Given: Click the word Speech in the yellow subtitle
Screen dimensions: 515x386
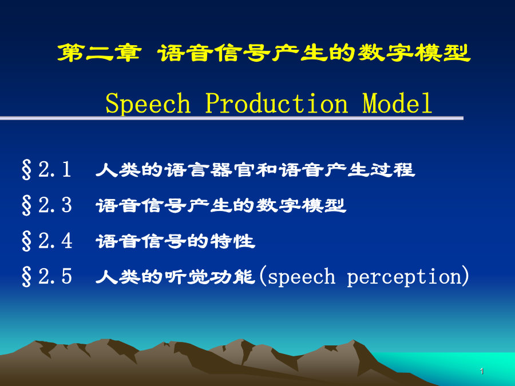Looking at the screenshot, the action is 148,104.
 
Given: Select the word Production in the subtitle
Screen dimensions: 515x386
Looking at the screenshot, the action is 276,103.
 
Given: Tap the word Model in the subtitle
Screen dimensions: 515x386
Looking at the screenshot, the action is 397,103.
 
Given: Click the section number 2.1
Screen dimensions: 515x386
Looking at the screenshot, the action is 54,170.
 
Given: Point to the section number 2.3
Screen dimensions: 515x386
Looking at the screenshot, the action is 55,205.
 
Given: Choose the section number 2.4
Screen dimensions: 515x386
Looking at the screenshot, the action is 55,241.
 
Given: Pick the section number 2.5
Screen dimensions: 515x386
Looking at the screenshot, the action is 55,276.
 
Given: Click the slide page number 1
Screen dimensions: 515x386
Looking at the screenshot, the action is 481,371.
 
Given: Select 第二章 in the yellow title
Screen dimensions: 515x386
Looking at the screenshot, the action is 99,53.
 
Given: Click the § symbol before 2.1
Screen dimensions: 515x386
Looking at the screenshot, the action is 26,170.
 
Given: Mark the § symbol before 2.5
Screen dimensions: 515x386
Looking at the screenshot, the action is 26,276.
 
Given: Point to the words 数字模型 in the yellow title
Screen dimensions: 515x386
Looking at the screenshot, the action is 414,53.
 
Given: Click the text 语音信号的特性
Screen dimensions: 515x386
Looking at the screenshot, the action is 176,241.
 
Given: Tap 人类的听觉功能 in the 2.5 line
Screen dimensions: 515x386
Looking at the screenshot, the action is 176,277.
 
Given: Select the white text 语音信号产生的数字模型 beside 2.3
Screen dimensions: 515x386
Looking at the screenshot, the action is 221,206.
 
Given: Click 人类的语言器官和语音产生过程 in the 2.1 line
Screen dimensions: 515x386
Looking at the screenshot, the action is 255,170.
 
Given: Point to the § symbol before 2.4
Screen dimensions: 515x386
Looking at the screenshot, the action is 26,241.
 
